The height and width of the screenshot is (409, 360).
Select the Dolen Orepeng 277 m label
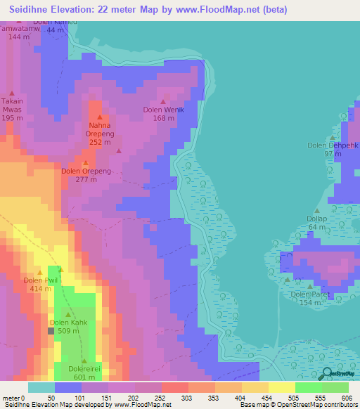point(85,175)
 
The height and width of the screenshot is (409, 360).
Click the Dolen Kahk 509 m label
point(69,327)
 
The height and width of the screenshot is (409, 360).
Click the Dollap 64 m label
point(316,223)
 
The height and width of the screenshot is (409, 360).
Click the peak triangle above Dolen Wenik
point(165,100)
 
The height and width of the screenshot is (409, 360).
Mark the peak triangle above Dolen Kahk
point(67,314)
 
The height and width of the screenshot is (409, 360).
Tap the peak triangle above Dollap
point(317,210)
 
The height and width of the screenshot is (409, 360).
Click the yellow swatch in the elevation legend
point(282,387)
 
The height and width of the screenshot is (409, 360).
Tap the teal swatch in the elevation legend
point(41,387)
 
